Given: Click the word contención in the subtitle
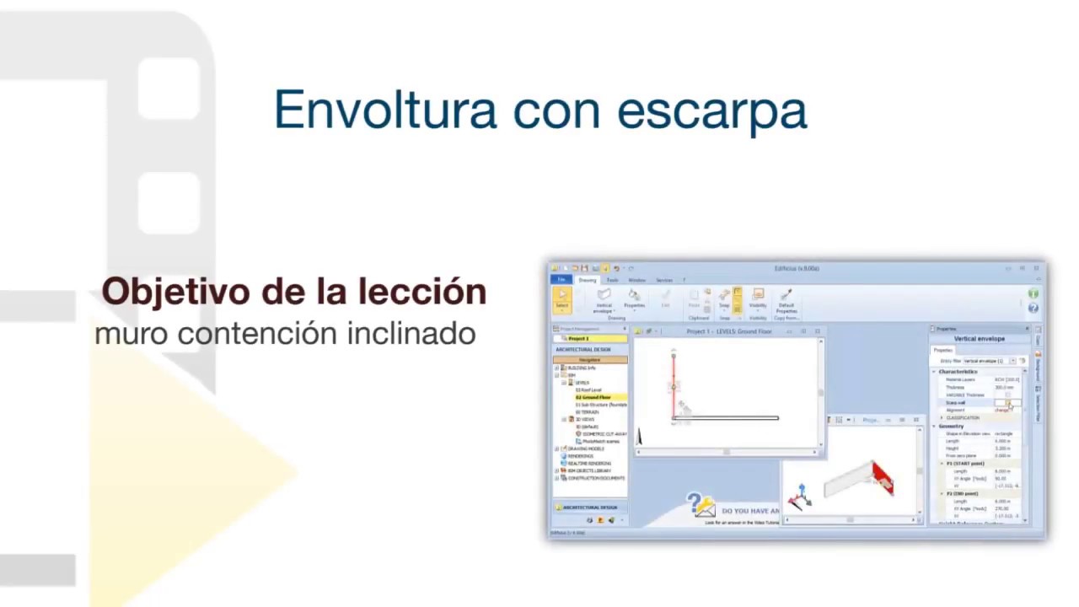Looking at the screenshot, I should (247, 334).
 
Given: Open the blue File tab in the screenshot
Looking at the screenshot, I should (561, 280).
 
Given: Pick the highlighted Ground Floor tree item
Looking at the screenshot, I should (593, 397).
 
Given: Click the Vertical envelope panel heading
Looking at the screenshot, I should (979, 339).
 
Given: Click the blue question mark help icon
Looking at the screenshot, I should (1033, 308).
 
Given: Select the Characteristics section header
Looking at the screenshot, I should (958, 372).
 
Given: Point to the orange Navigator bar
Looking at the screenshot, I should (590, 360).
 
